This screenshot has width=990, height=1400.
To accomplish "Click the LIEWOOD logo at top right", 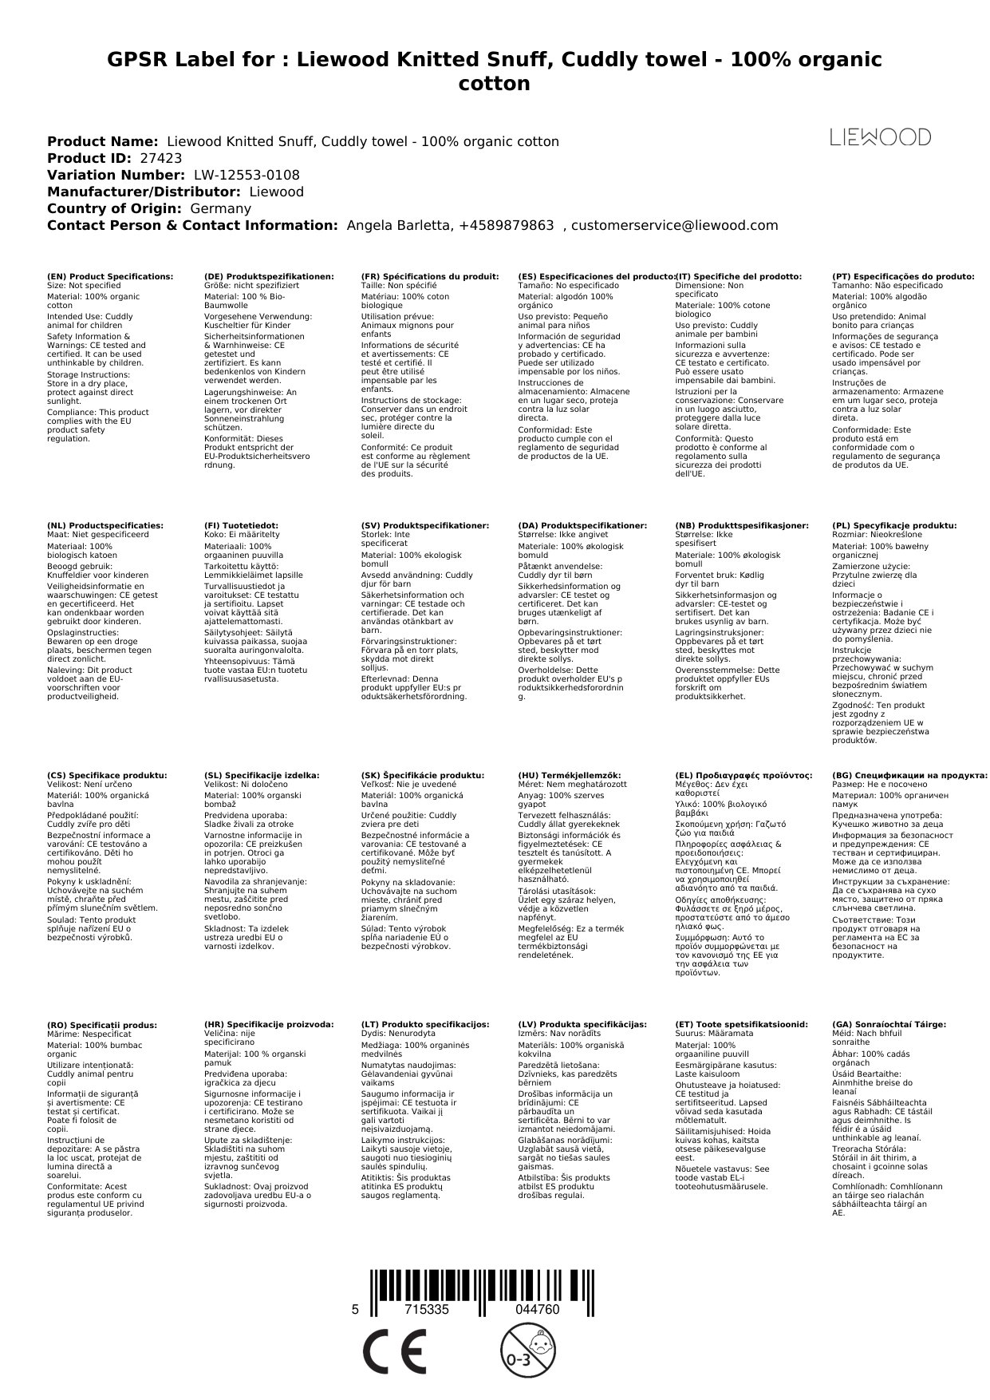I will pyautogui.click(x=880, y=137).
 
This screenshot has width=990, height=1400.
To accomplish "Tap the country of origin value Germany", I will pyautogui.click(x=220, y=208).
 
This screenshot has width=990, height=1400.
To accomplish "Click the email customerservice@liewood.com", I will pyautogui.click(x=674, y=225).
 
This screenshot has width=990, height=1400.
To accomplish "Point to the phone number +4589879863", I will pyautogui.click(x=506, y=225).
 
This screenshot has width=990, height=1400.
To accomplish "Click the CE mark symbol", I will pyautogui.click(x=394, y=1354).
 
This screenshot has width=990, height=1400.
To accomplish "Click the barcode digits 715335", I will pyautogui.click(x=427, y=1310).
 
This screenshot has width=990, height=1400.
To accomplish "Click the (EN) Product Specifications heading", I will pyautogui.click(x=110, y=276).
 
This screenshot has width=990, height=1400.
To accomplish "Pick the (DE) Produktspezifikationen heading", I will pyautogui.click(x=269, y=276).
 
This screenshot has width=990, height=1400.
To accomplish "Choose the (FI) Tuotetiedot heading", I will pyautogui.click(x=241, y=526).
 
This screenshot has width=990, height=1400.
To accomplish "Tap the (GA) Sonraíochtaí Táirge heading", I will pyautogui.click(x=889, y=1024).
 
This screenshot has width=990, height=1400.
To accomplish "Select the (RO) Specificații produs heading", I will pyautogui.click(x=102, y=1025).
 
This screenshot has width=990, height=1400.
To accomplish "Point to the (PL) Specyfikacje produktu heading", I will pyautogui.click(x=894, y=526).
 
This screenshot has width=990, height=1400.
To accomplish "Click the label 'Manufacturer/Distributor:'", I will pyautogui.click(x=144, y=192).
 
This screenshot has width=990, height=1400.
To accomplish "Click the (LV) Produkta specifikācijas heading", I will pyautogui.click(x=582, y=1024).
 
